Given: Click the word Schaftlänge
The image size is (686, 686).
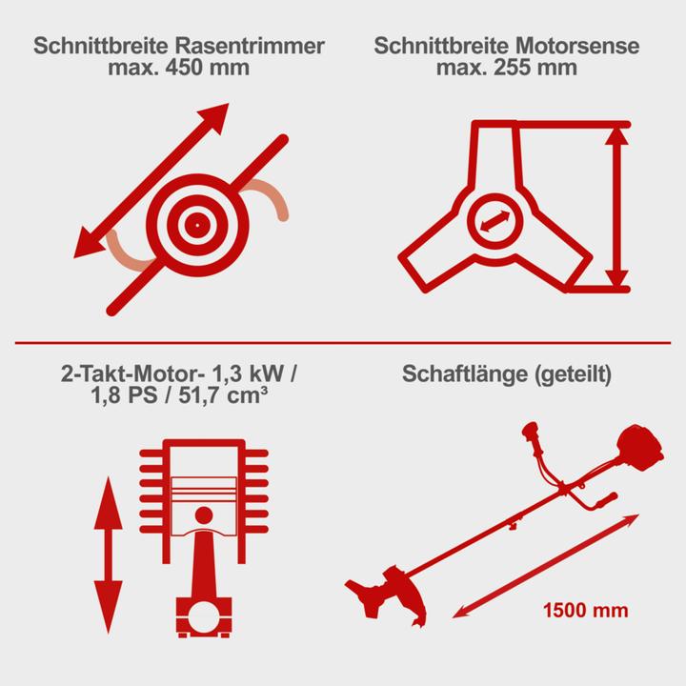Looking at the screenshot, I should click(x=462, y=373).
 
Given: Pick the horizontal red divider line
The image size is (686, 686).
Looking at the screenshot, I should click(x=343, y=341).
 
